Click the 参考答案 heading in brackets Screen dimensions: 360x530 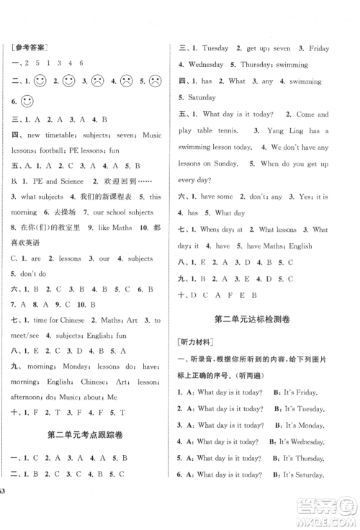coord(35,48)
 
